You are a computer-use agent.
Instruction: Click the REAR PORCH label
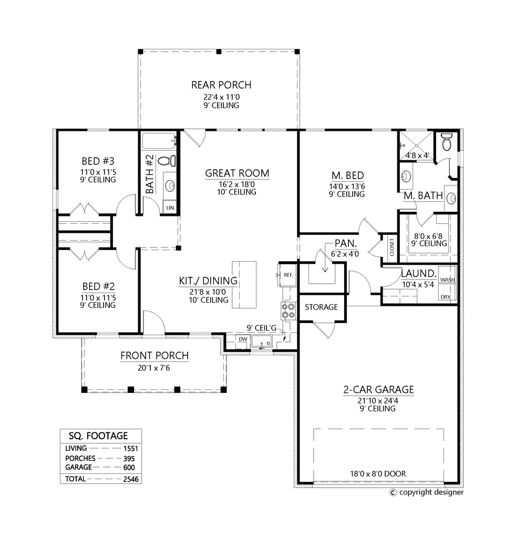tap(221, 85)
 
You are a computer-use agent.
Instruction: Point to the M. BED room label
tap(347, 175)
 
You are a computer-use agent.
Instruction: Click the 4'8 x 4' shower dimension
tap(418, 156)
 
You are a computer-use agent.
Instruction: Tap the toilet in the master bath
tap(447, 141)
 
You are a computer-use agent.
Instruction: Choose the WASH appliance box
tap(448, 280)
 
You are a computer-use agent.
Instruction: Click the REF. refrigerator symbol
tap(287, 275)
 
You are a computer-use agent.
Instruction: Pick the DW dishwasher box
tap(243, 339)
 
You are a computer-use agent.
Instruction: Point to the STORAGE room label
tap(321, 307)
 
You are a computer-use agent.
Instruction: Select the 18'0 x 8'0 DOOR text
tap(378, 473)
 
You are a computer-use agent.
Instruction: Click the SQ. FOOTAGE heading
tap(100, 436)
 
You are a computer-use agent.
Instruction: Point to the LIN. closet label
tap(170, 208)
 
